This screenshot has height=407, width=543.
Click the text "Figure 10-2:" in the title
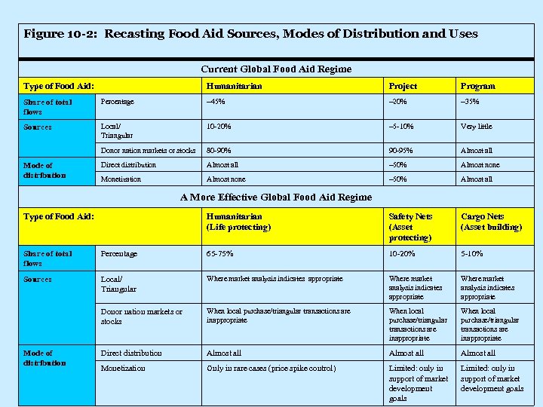tap(61, 34)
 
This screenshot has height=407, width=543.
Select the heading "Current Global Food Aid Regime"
tap(275, 69)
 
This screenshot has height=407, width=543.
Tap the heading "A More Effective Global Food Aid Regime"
tap(275, 197)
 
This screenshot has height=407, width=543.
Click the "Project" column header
tap(403, 87)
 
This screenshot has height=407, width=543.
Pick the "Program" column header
tap(478, 87)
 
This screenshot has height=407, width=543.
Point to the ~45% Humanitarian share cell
tap(216, 102)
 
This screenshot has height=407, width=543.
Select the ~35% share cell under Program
tap(471, 102)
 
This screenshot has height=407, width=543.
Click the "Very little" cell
tap(477, 127)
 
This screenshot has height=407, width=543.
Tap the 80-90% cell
tap(219, 151)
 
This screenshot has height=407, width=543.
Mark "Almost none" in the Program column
tap(480, 164)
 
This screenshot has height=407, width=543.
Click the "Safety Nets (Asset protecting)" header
tap(411, 227)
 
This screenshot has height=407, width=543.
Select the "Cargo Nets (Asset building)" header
tap(491, 222)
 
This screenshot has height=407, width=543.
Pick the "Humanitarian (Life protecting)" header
tap(238, 222)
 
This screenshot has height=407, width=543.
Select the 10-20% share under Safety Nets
tap(401, 254)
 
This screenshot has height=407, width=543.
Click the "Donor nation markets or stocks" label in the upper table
tap(149, 151)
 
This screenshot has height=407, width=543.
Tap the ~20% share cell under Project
tap(398, 102)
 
